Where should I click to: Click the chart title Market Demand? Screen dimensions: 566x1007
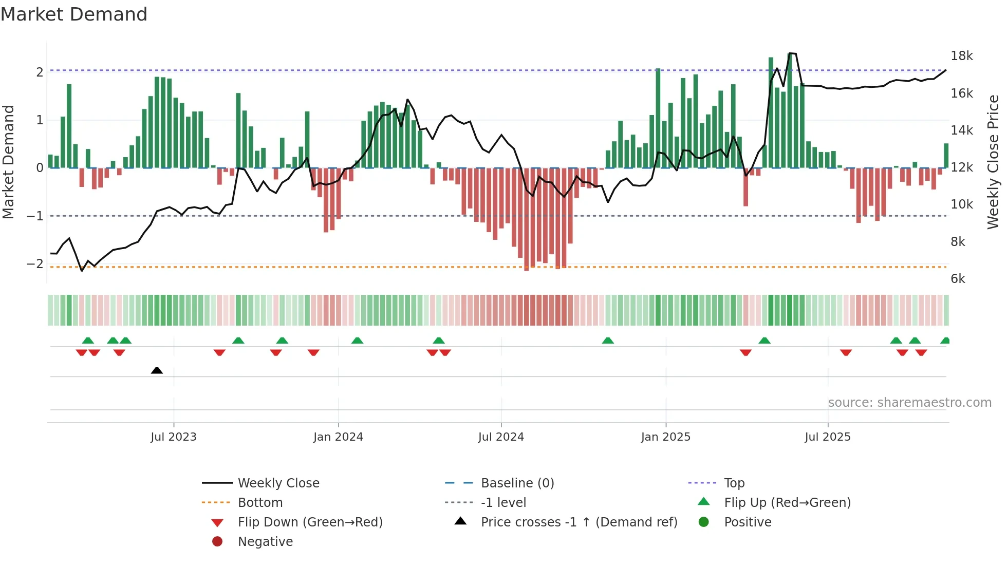pos(74,14)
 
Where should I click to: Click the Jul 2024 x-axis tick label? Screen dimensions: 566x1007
pos(501,437)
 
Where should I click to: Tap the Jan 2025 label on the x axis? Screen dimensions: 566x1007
pos(665,437)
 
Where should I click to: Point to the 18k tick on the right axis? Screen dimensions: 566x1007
pos(961,56)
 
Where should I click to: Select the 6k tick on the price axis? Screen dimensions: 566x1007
pos(958,279)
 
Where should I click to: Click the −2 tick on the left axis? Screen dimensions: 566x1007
pos(35,264)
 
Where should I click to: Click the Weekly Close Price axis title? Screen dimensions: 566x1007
pos(993,162)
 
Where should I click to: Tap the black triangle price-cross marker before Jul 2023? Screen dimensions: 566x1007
pos(157,370)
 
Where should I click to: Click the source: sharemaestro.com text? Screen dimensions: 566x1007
pos(909,403)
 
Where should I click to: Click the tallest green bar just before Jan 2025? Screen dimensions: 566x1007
pos(658,118)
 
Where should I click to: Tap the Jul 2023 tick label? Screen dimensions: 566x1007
pos(174,437)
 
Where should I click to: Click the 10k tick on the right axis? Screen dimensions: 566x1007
pos(961,204)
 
